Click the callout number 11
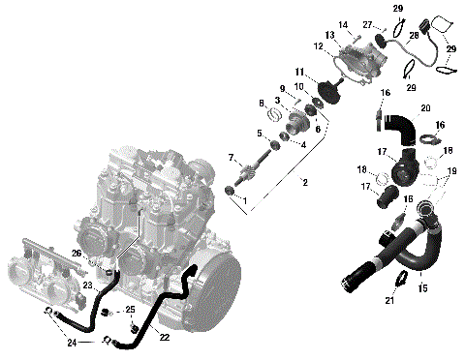299,71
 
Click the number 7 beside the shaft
231,157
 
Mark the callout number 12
318,45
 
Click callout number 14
343,24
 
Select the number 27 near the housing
367,24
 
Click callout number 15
421,288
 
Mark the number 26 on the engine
76,254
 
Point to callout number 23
87,285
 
